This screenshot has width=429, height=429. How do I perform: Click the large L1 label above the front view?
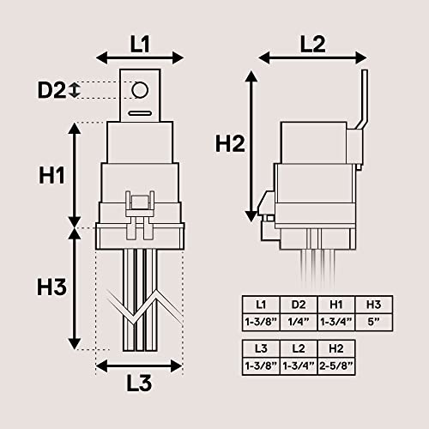139,40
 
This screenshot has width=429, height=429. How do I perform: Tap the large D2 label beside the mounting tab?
51,89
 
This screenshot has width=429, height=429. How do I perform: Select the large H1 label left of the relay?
53,175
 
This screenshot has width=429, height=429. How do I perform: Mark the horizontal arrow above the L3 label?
139,366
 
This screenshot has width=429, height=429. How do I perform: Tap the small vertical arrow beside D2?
76,89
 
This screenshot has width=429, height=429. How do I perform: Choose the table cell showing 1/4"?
299,321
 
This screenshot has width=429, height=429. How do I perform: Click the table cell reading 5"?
372,321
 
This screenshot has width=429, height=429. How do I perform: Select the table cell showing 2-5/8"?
335,365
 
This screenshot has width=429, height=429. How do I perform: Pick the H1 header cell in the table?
335,304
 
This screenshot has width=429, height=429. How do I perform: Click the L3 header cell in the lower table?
261,347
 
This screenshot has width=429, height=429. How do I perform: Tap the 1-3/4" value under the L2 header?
298,365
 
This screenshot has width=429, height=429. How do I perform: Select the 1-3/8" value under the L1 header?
261,321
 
